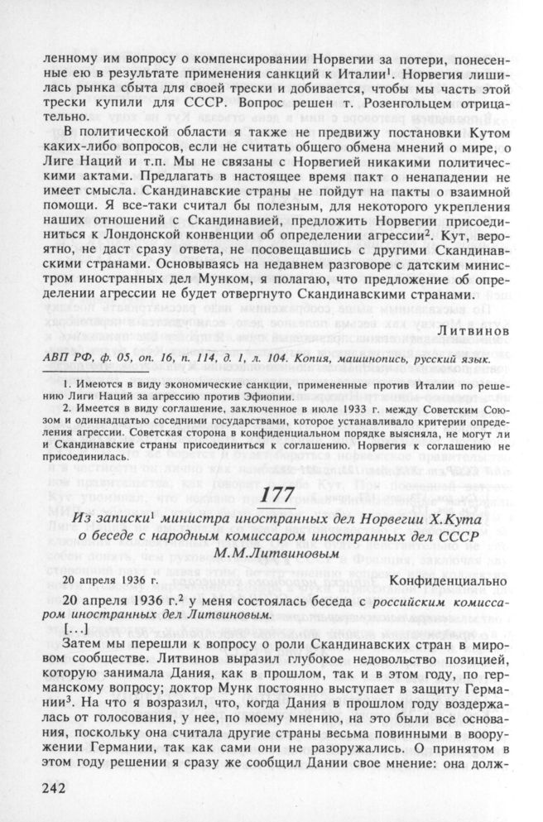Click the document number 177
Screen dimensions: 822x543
point(272,497)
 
